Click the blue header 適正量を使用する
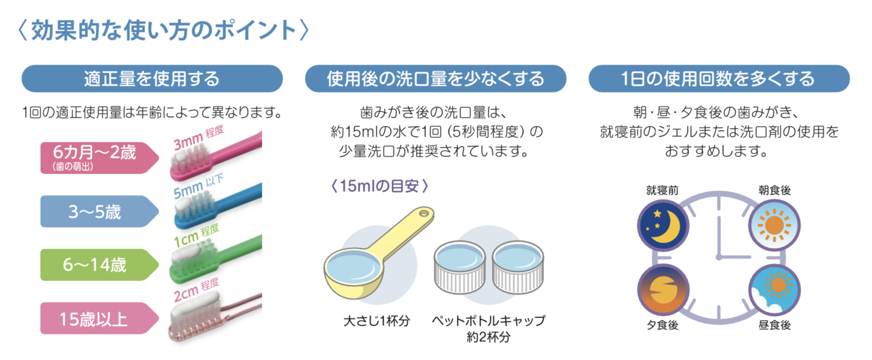tap(152, 79)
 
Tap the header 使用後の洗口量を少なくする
tap(435, 79)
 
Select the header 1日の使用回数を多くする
tap(719, 79)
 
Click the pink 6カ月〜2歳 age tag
tap(100, 157)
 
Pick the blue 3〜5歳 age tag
tap(100, 211)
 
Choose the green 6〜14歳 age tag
tap(100, 264)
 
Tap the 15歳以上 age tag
tap(100, 318)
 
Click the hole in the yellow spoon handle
tap(424, 213)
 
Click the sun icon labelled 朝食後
tap(774, 225)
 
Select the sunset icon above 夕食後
tap(664, 290)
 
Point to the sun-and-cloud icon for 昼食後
tap(774, 290)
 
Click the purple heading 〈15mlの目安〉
tap(380, 186)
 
